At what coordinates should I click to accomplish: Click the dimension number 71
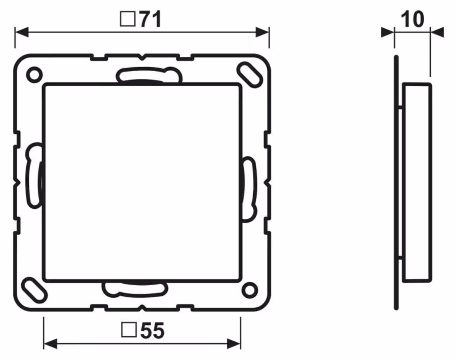pos(150,19)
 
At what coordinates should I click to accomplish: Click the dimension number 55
pos(153,331)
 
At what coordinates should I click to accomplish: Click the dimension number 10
pos(412,19)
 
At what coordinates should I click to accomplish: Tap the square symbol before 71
pos(128,19)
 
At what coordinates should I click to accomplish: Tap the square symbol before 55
pos(129,330)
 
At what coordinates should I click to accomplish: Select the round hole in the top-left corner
pos(34,75)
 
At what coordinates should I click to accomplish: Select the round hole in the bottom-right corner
pos(250,290)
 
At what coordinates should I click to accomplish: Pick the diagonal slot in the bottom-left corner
pos(35,290)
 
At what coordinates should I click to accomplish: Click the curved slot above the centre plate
pos(149,75)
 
